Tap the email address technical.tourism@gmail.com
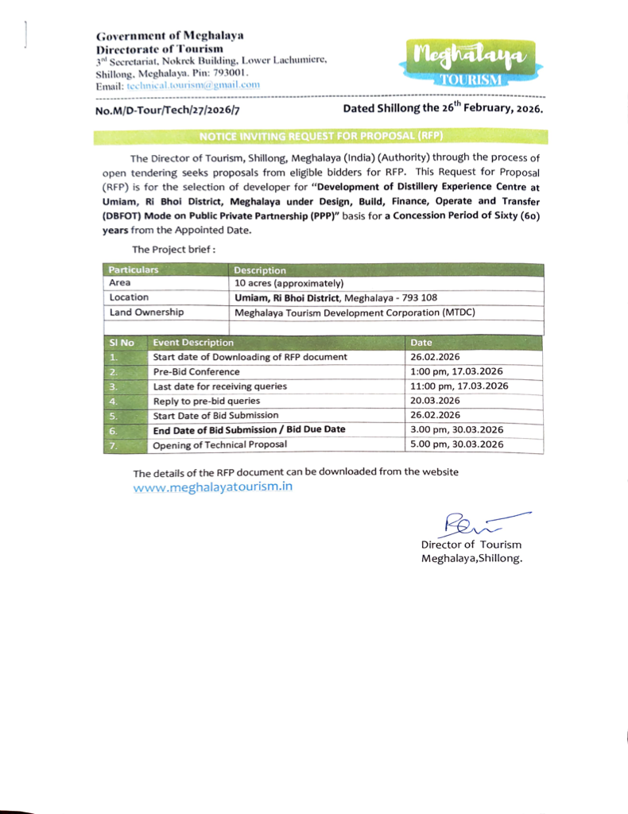194,85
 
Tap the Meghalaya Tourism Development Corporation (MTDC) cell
355,312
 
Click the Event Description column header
194,343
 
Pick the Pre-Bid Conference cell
186,371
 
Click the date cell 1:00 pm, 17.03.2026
456,371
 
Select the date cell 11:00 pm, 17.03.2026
459,386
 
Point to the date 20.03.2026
435,401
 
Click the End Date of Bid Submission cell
250,429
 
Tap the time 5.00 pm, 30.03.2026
456,444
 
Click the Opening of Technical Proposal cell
220,444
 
